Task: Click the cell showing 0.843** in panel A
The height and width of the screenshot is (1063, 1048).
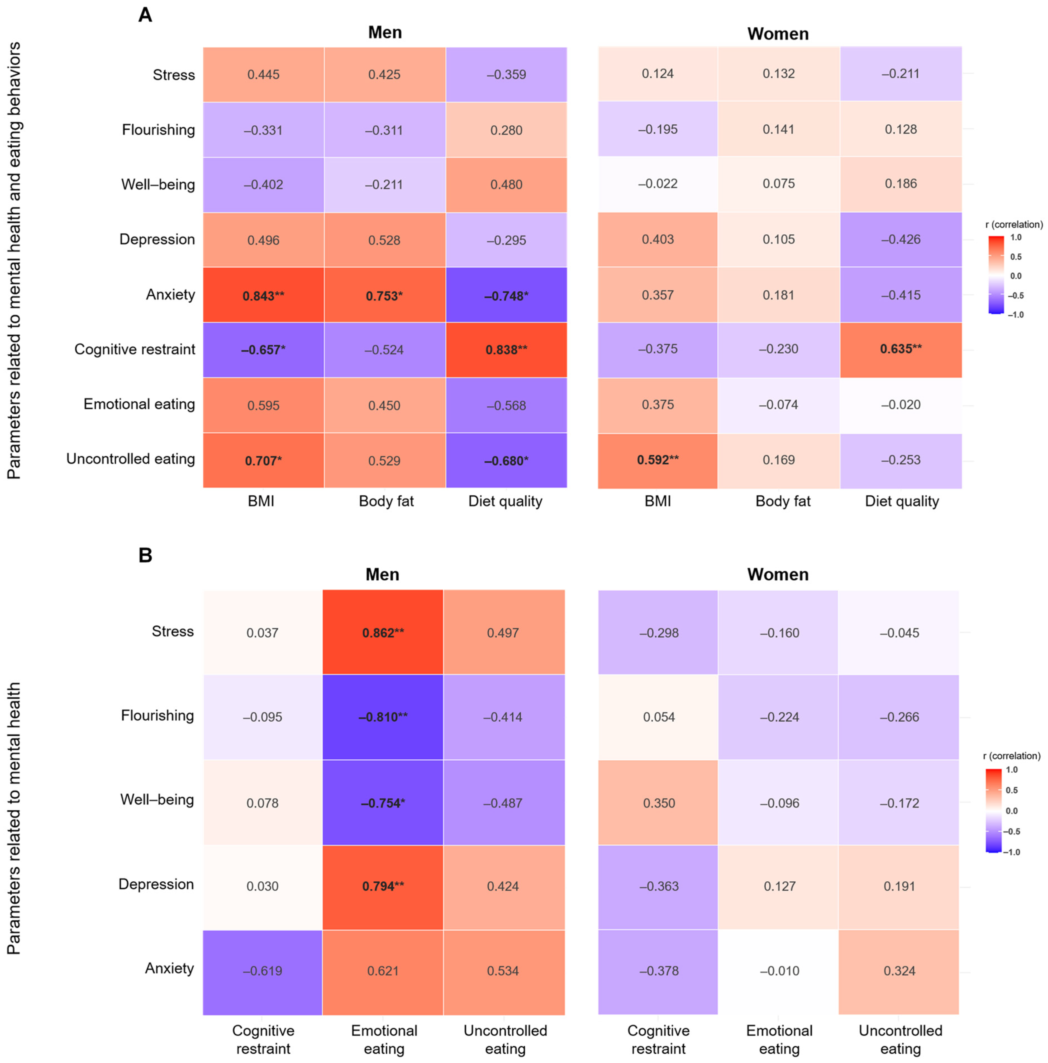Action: [263, 295]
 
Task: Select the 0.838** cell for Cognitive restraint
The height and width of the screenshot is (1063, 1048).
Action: [506, 350]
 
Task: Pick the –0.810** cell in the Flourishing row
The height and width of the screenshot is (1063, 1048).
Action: [383, 717]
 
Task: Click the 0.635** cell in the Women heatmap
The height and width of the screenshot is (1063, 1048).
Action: [901, 350]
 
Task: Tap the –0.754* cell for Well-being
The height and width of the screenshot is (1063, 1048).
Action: [383, 802]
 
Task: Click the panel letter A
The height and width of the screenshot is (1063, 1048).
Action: [145, 15]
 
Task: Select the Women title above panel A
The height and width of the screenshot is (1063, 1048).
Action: [777, 34]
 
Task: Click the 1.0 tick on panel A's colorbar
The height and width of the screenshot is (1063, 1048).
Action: [1016, 238]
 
